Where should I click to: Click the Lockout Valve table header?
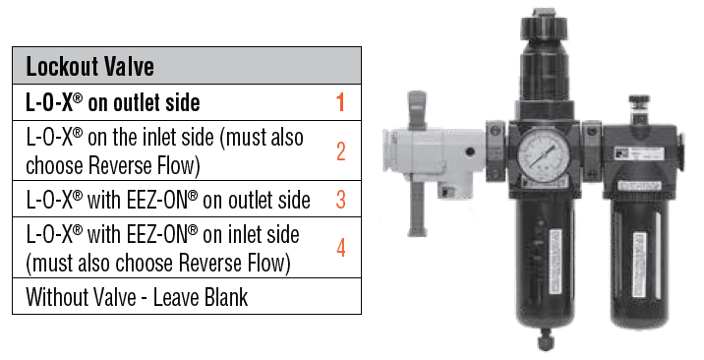click(187, 67)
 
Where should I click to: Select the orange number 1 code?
click(340, 101)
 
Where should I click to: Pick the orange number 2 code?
click(340, 150)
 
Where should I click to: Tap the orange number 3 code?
click(340, 200)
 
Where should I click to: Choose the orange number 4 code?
click(340, 249)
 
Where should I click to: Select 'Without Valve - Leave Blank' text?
click(139, 296)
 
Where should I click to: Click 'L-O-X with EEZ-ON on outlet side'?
click(167, 200)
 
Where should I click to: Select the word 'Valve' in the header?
click(127, 67)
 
